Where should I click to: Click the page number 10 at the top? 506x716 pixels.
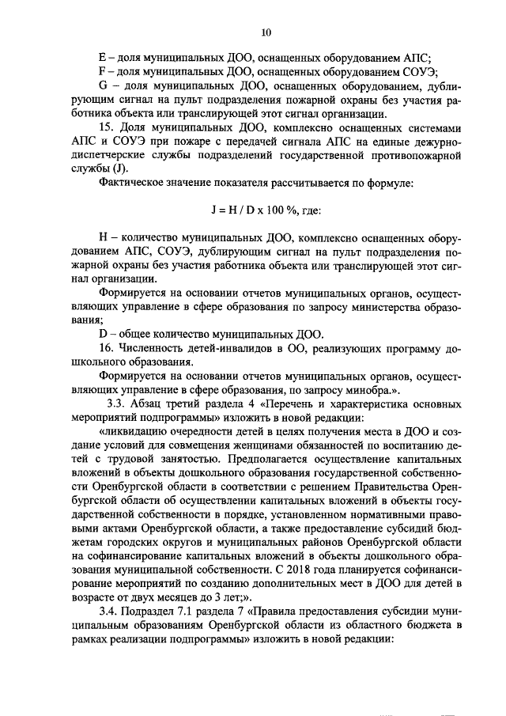266,32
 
